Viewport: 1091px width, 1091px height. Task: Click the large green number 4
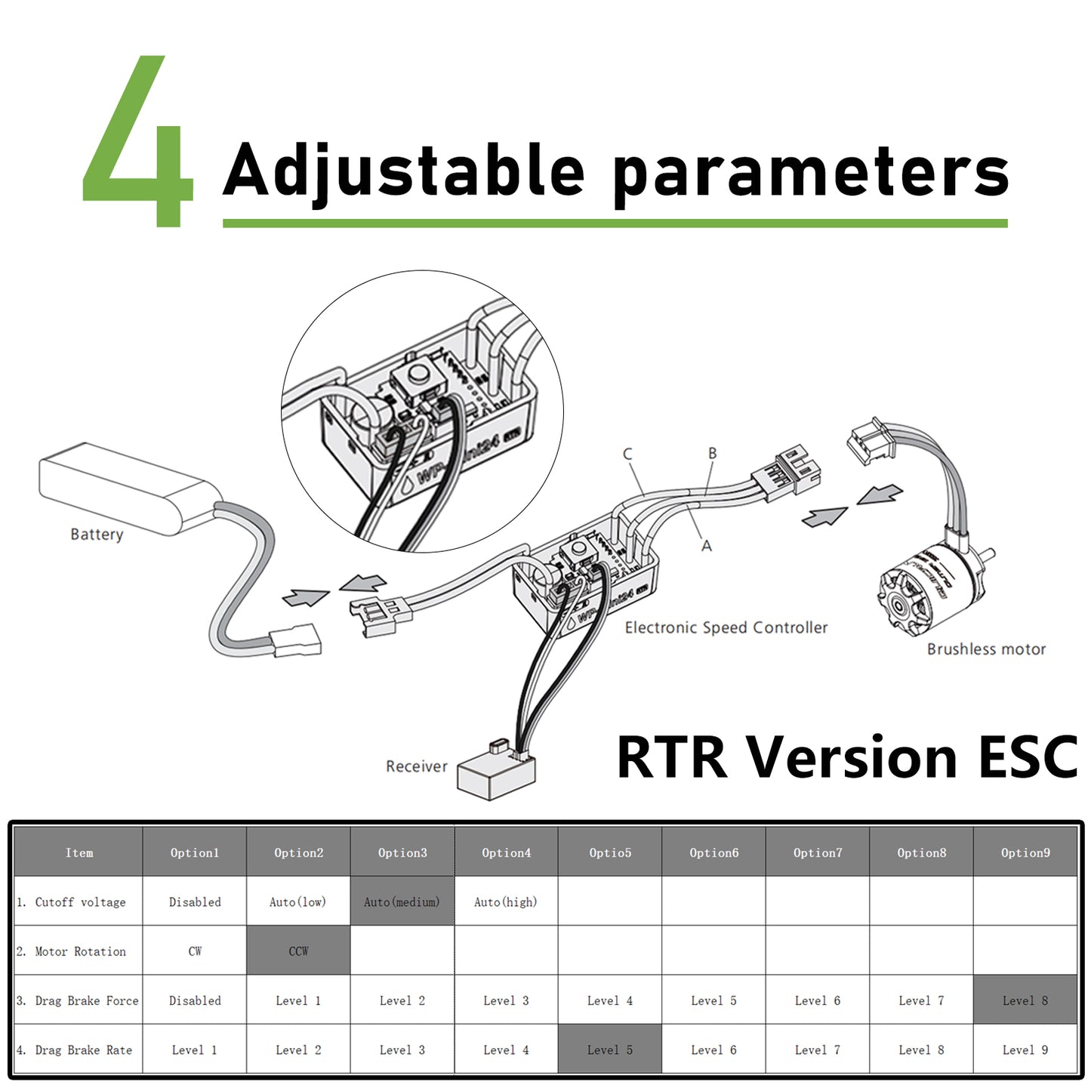pos(137,141)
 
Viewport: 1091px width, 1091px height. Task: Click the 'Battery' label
pos(97,535)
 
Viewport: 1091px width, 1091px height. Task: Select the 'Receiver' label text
pos(416,766)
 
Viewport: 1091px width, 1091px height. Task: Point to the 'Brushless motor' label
pos(986,649)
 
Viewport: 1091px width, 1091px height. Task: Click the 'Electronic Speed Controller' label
pos(726,627)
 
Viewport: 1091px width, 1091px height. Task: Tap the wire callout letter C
pos(627,454)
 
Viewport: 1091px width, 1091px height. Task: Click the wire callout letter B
pos(712,453)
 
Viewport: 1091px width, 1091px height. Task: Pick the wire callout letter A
pos(707,546)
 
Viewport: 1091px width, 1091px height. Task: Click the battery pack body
pos(130,488)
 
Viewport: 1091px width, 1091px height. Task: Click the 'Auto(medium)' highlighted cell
pos(402,901)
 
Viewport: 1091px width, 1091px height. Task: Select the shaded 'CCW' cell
pos(298,951)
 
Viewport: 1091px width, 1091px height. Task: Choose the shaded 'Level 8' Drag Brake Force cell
pos(1025,1000)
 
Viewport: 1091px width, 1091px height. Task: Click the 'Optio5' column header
pos(610,852)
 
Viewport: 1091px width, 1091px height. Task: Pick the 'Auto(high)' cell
pos(506,901)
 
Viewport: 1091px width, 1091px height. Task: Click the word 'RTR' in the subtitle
pos(672,757)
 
